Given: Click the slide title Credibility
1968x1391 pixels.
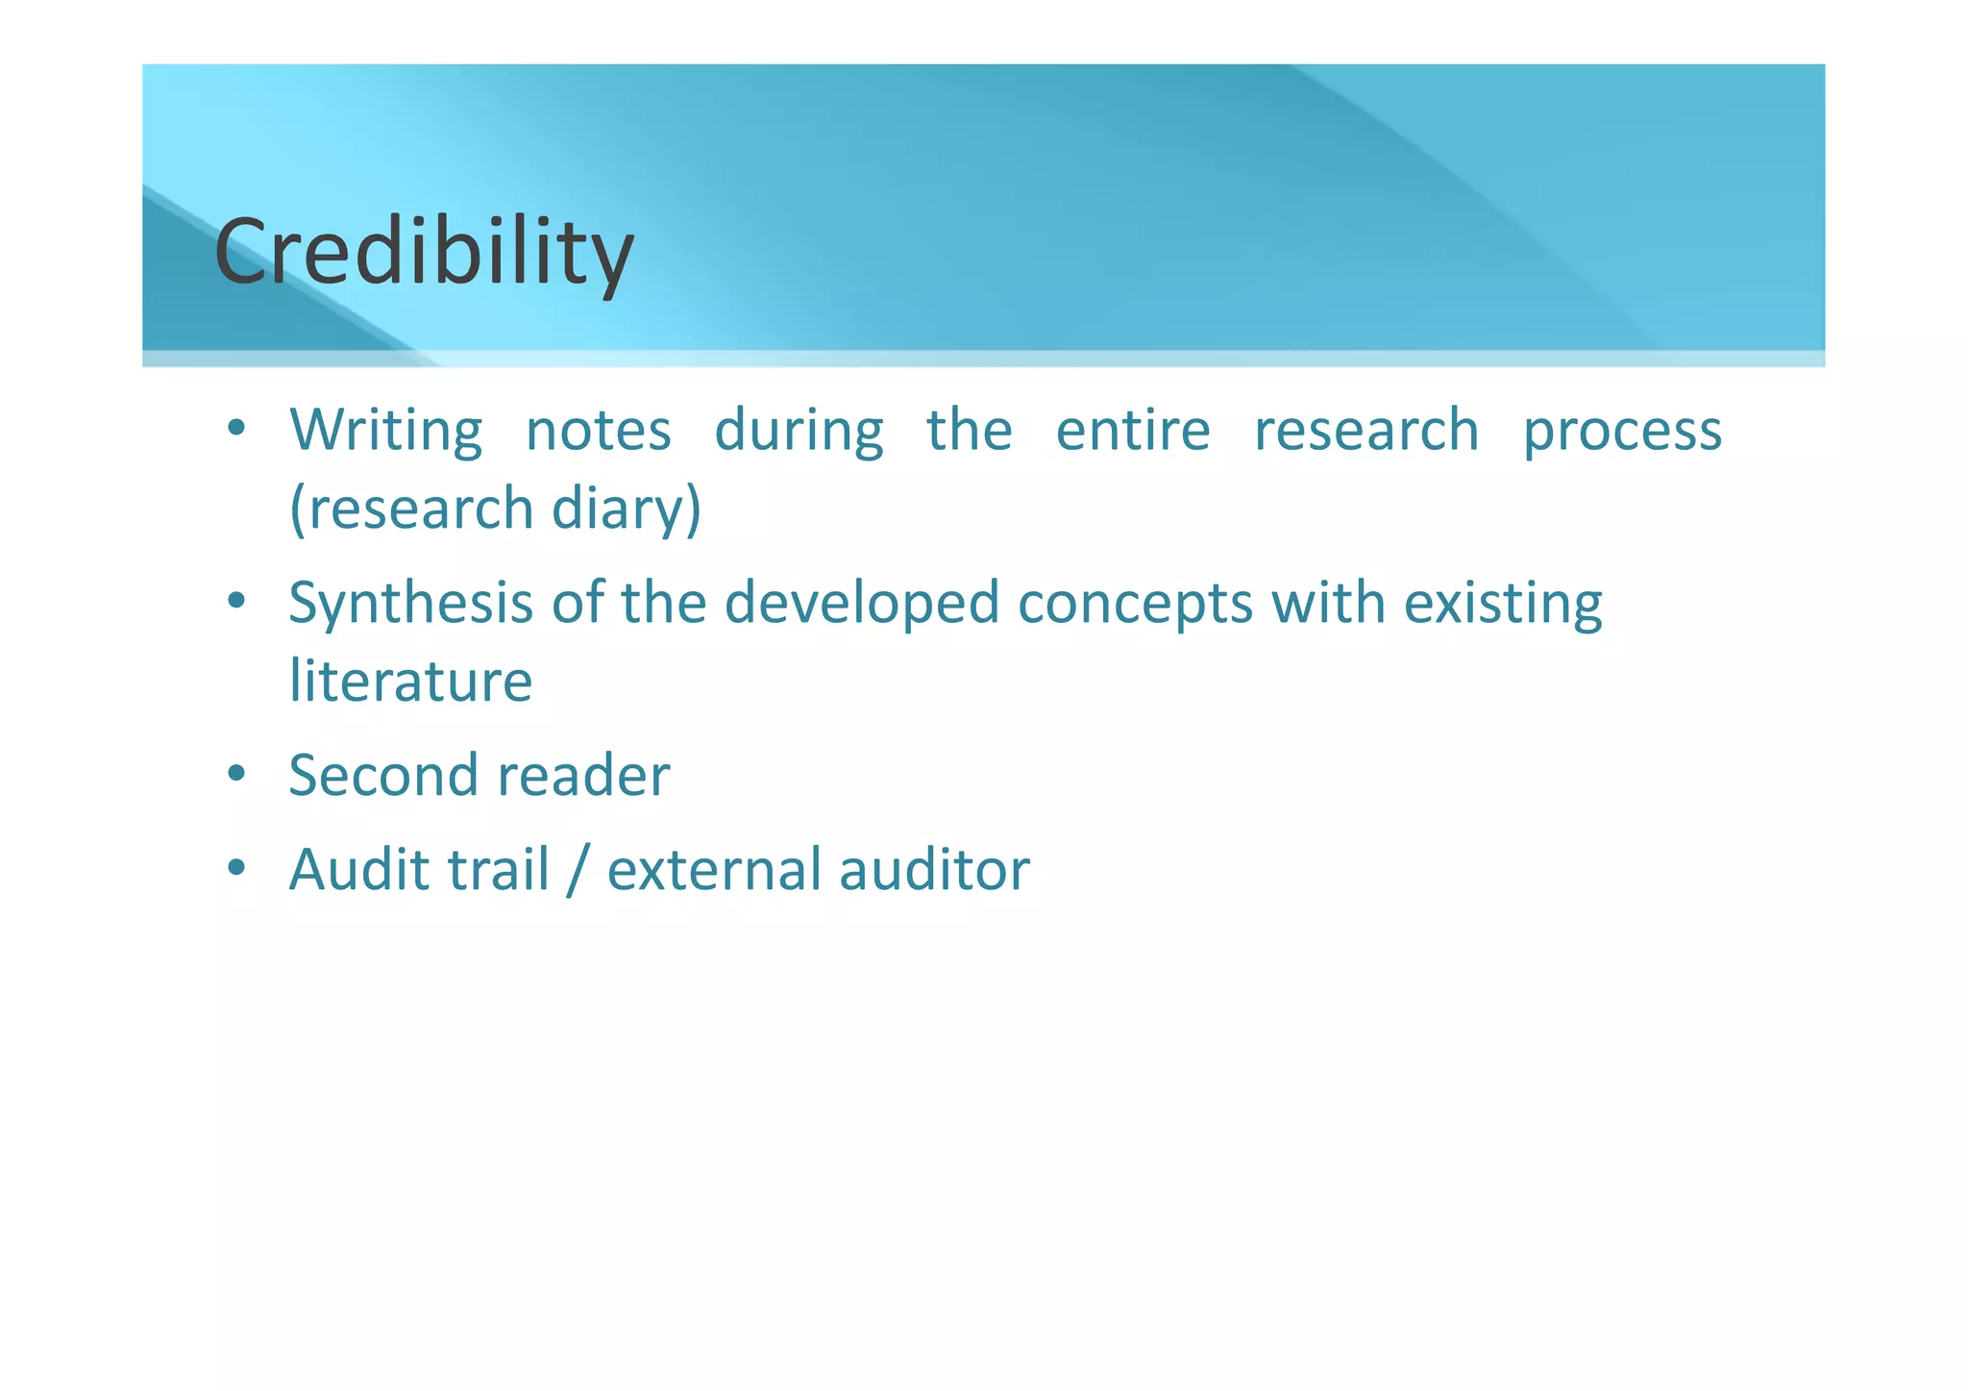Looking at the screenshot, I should click(424, 252).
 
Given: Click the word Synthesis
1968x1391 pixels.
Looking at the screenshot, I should click(410, 604).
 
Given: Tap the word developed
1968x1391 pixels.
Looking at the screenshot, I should click(861, 604).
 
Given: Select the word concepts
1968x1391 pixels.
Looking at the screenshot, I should click(1135, 604).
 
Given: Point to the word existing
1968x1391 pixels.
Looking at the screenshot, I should click(1503, 604).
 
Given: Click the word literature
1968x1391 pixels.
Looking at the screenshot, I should click(410, 681).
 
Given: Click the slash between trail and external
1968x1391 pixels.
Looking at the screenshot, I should click(577, 869).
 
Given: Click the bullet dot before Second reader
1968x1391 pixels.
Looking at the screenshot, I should click(236, 775).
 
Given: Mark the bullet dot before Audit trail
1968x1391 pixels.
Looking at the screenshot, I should click(236, 869).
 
